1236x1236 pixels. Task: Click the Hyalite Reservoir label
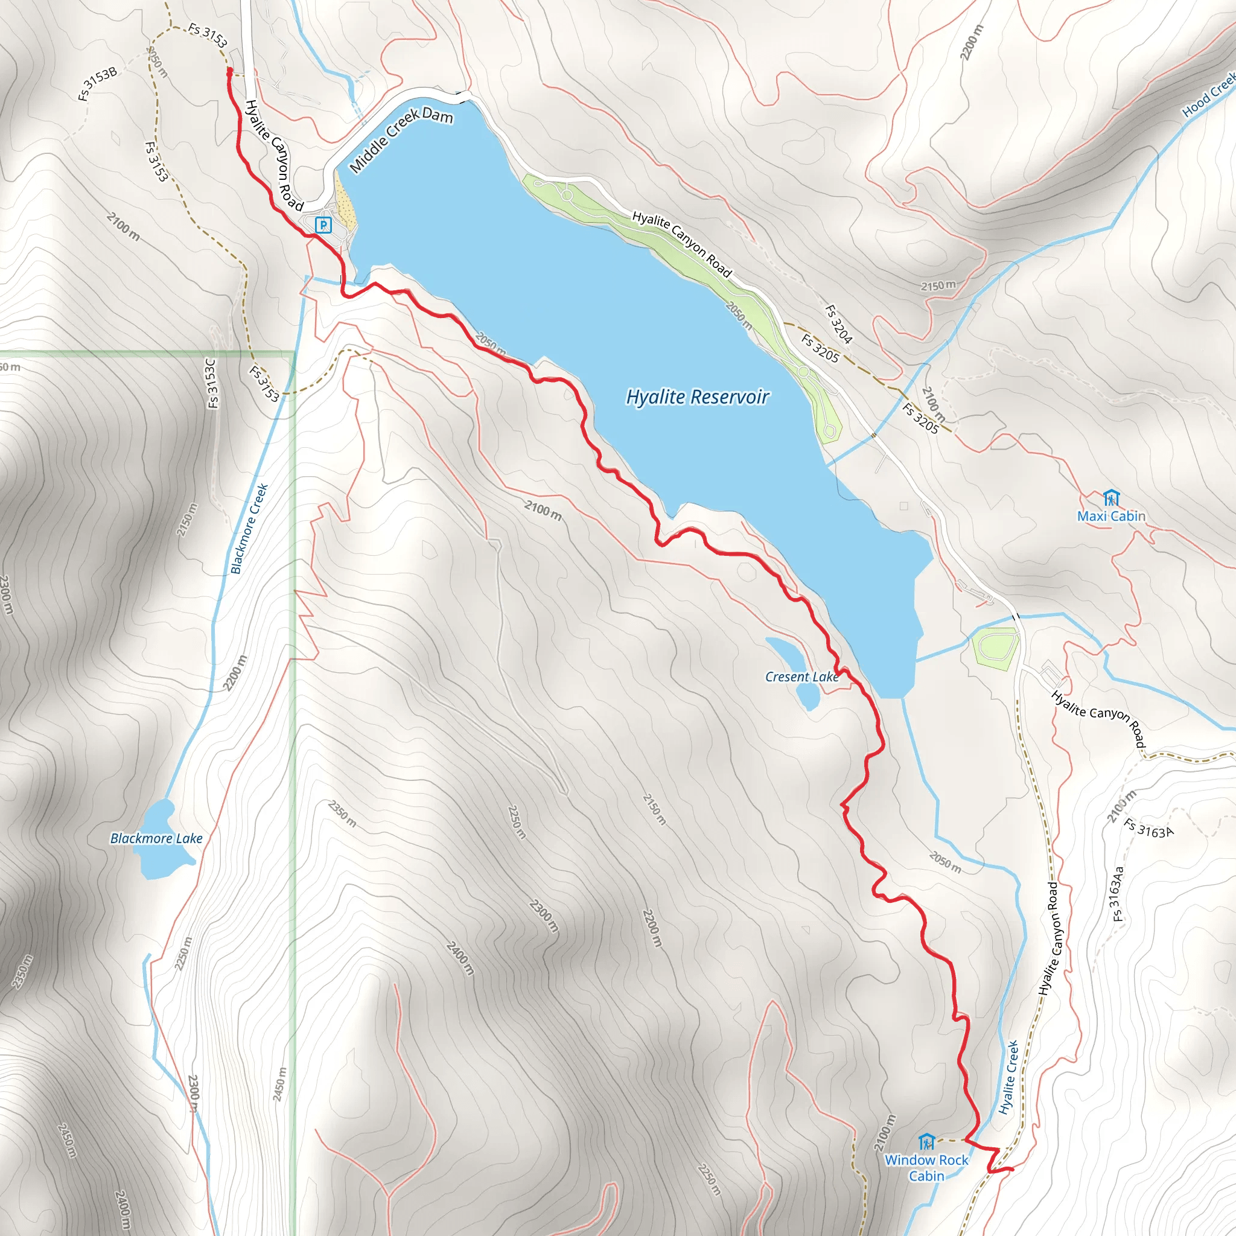click(697, 397)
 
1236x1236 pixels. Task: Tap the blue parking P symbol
click(323, 225)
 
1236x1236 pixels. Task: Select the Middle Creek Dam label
click(402, 139)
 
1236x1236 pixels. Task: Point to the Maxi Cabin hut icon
click(1111, 499)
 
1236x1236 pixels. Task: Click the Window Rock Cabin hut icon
click(926, 1142)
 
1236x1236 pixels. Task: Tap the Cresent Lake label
click(801, 677)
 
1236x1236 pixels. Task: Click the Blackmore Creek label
click(249, 529)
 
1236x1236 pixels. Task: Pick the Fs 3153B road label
click(98, 84)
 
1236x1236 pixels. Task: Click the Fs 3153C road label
click(212, 383)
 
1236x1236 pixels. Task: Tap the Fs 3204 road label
click(838, 324)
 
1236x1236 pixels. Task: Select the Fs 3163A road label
click(1149, 829)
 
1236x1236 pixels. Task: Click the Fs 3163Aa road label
click(1117, 894)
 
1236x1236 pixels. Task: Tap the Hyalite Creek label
click(1008, 1077)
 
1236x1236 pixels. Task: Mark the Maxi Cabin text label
click(1111, 516)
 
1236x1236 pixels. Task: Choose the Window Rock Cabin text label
click(926, 1168)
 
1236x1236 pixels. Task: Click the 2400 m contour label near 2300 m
click(460, 958)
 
